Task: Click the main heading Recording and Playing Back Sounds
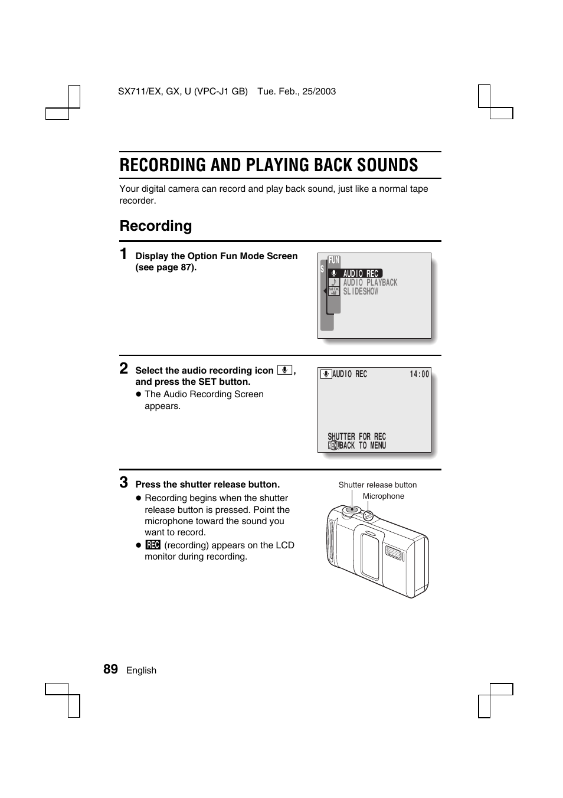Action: [269, 165]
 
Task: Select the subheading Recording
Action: [156, 226]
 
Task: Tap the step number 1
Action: [123, 254]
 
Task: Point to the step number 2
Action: [124, 368]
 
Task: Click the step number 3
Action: [124, 482]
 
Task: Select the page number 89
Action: [110, 669]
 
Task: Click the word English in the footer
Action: [141, 671]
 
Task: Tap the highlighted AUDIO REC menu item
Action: [360, 273]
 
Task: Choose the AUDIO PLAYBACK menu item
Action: [370, 283]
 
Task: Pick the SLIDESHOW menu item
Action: [361, 292]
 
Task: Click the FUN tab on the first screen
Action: [334, 260]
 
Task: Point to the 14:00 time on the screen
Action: [420, 374]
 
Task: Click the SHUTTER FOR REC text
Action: [356, 437]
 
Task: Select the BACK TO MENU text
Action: [362, 446]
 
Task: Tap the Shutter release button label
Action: [378, 485]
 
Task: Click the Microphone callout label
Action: [384, 496]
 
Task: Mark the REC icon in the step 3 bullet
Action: [153, 545]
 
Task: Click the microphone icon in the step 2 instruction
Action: [284, 370]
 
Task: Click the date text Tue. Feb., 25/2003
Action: [296, 91]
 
